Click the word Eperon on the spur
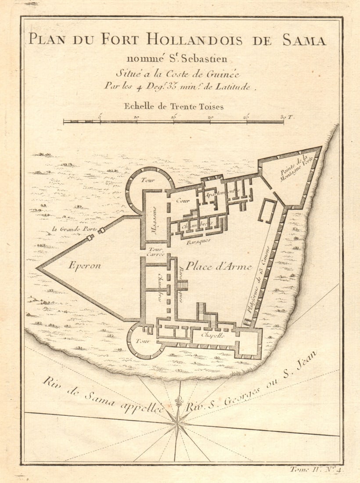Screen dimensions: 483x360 [85, 265]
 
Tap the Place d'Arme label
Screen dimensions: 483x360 [218, 266]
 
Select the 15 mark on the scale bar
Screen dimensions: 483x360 [174, 117]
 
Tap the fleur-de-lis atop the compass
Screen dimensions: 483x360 [178, 401]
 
